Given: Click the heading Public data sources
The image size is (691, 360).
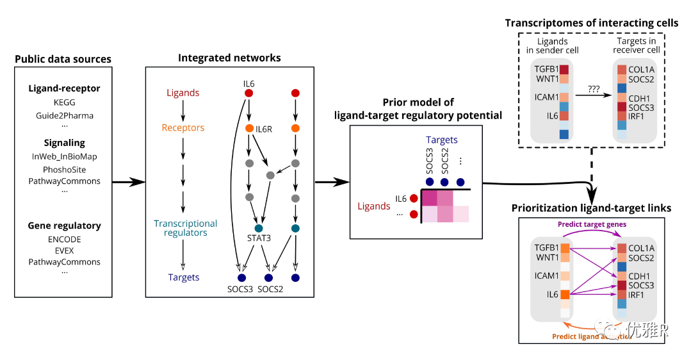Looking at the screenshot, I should pos(63,59).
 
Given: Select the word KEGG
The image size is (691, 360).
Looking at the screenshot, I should pos(64,102).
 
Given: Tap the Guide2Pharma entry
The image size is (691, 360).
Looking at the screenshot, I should pos(64,116).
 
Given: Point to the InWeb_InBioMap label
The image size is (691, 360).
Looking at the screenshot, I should pos(64,156).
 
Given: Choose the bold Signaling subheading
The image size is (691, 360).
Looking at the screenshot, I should pos(64,142).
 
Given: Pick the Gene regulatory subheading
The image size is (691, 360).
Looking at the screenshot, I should pos(64,225).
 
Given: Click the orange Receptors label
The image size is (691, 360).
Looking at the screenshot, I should pos(183,128).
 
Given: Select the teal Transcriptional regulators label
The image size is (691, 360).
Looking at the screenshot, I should pos(186,228).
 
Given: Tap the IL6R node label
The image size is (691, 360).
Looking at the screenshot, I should pos(264,129).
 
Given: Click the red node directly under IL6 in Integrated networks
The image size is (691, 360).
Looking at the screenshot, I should pos(249,94).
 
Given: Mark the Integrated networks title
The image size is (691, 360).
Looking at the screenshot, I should pos(229,58).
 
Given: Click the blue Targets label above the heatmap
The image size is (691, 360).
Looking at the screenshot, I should pos(442,140).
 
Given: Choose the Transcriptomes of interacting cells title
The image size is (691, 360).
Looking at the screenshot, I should pos(591,23).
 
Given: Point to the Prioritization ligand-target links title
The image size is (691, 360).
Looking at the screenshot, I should pos(591,208).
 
